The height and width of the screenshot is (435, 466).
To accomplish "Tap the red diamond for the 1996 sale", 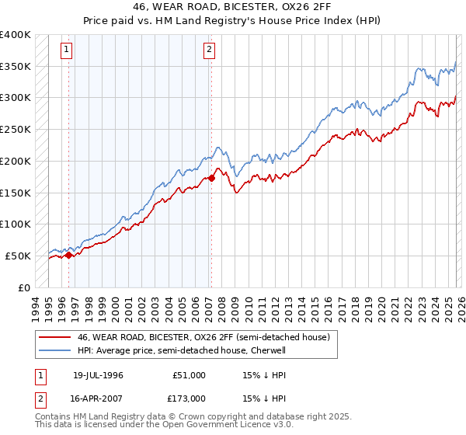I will (69, 254).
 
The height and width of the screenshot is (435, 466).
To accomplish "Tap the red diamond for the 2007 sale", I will (211, 178).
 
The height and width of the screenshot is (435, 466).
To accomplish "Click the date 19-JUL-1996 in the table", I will (98, 375).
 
